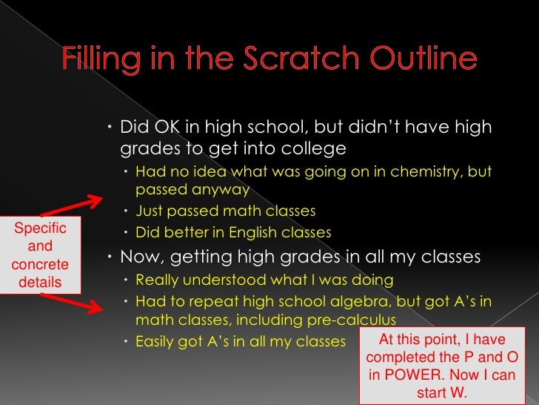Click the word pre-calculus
349,320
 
